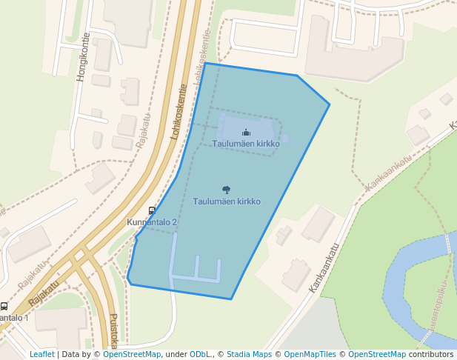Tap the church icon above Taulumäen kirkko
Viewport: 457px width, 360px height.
tap(246, 133)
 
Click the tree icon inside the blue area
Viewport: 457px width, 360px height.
tap(226, 190)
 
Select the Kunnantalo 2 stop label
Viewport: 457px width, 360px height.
tap(152, 222)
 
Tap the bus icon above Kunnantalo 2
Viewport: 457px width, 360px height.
tap(152, 210)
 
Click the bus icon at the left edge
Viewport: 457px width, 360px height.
tap(4, 306)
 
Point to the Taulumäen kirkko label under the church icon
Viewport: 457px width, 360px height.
tap(246, 143)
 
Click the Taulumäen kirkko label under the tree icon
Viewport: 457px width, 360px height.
tap(227, 201)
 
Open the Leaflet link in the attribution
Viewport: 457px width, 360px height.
tap(41, 354)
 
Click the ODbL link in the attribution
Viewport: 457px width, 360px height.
tap(200, 354)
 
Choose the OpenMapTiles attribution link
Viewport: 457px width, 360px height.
tap(311, 354)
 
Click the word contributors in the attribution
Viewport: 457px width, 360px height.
tap(431, 354)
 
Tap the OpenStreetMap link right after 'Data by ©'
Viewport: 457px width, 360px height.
tap(132, 354)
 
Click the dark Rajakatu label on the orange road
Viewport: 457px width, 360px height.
tap(44, 293)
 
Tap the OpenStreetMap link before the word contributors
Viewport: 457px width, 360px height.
tap(377, 354)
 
